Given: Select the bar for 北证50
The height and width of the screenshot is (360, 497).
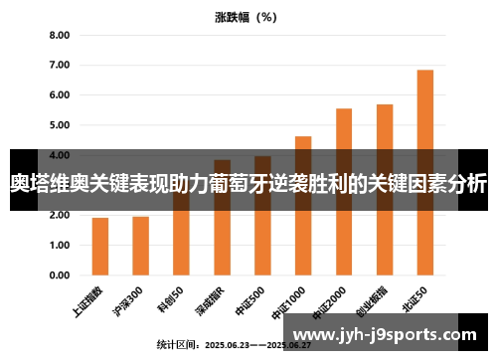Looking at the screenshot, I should [424, 159].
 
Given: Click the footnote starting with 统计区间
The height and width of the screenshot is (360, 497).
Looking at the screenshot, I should [234, 344].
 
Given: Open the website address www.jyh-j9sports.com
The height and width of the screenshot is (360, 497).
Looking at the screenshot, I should [387, 335].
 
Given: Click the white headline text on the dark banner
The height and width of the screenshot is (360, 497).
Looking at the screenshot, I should [248, 183].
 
